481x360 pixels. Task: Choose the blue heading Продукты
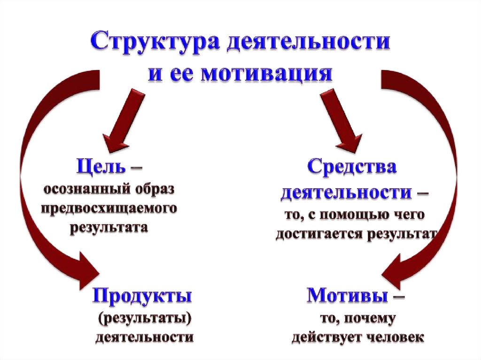pyautogui.click(x=142, y=296)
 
